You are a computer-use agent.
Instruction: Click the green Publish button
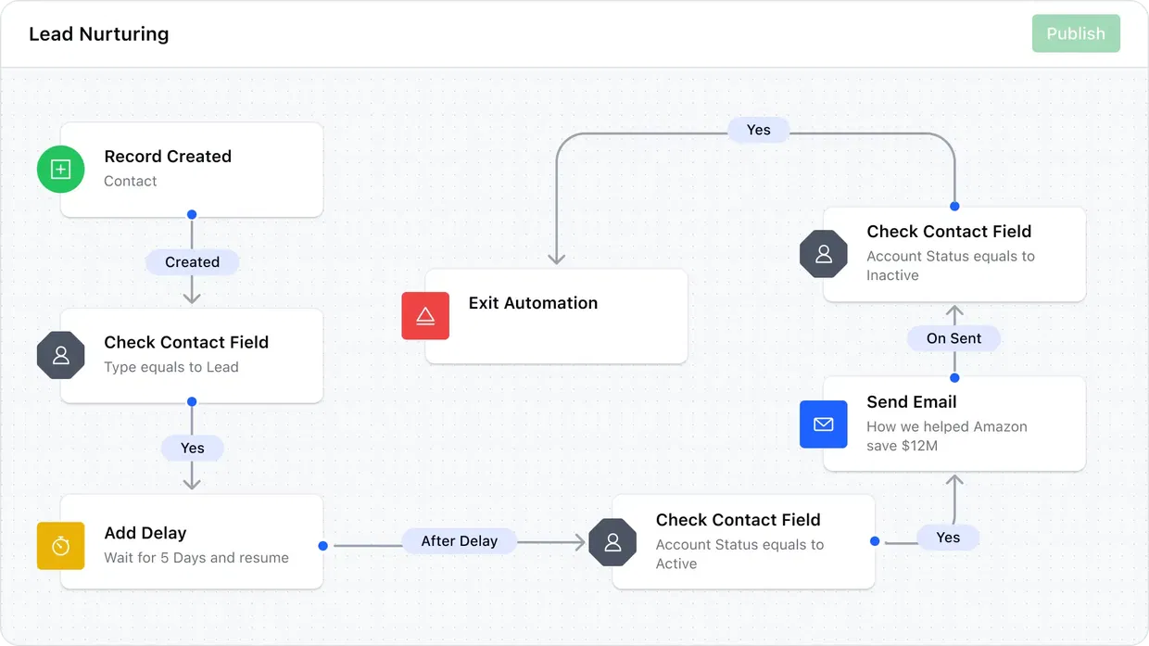pyautogui.click(x=1076, y=33)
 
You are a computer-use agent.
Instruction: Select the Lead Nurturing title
pyautogui.click(x=98, y=34)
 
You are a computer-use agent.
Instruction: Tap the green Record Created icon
pyautogui.click(x=60, y=169)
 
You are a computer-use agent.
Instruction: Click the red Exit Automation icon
pyautogui.click(x=425, y=316)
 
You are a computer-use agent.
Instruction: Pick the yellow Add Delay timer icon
pyautogui.click(x=60, y=546)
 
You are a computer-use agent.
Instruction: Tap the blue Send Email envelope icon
pyautogui.click(x=823, y=424)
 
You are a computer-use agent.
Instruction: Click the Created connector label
pyautogui.click(x=192, y=262)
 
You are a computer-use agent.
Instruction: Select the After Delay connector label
pyautogui.click(x=459, y=541)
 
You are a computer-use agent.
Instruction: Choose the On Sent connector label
pyautogui.click(x=953, y=338)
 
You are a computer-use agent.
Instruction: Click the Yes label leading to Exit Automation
pyautogui.click(x=758, y=130)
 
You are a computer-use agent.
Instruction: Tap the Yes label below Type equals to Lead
pyautogui.click(x=192, y=449)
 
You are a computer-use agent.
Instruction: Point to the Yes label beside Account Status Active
pyautogui.click(x=948, y=538)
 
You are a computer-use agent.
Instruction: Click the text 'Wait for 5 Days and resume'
pyautogui.click(x=196, y=558)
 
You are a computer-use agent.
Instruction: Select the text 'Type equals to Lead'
pyautogui.click(x=171, y=367)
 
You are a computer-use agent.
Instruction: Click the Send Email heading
pyautogui.click(x=912, y=402)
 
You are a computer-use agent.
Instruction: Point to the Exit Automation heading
pyautogui.click(x=533, y=303)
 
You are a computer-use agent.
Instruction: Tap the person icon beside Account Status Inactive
pyautogui.click(x=824, y=254)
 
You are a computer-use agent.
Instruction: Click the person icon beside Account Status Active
pyautogui.click(x=612, y=542)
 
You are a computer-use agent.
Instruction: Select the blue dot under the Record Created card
pyautogui.click(x=192, y=214)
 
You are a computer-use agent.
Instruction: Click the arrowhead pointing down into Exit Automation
pyautogui.click(x=556, y=260)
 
